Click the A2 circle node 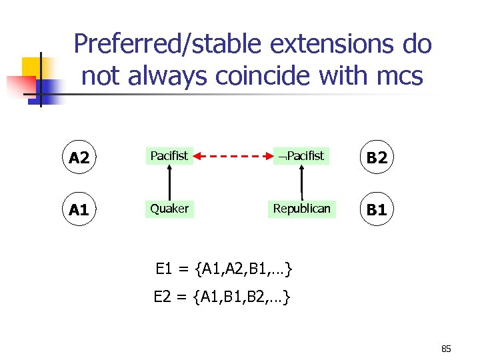coord(79,157)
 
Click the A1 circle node coord(79,210)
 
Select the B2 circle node coord(377,157)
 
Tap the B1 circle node coord(377,210)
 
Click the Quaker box coord(169,209)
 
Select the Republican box coord(301,209)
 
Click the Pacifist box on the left coord(169,156)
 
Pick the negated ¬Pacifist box coord(301,156)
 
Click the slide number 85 coord(447,348)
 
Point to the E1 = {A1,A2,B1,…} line coord(223,269)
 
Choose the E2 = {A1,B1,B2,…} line coord(222,297)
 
